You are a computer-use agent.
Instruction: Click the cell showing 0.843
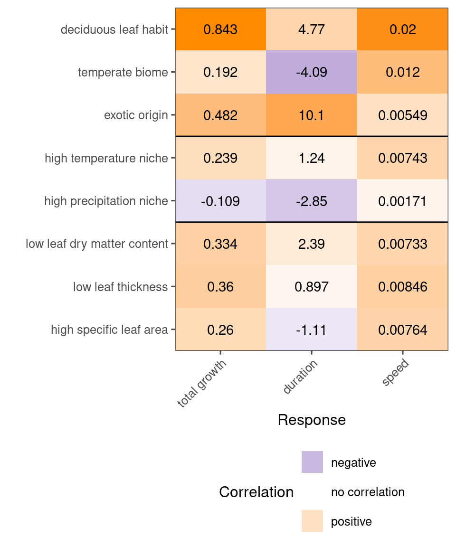pyautogui.click(x=220, y=29)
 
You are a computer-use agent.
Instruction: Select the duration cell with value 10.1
pyautogui.click(x=312, y=115)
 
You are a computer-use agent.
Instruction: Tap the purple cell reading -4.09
pyautogui.click(x=312, y=73)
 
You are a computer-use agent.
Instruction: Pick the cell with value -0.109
pyautogui.click(x=220, y=201)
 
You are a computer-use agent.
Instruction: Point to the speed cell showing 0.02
pyautogui.click(x=403, y=29)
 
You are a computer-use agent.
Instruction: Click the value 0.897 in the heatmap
pyautogui.click(x=312, y=287)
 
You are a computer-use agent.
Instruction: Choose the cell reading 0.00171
pyautogui.click(x=403, y=201)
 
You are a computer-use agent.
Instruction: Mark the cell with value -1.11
pyautogui.click(x=312, y=330)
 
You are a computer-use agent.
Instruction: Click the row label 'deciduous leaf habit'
pyautogui.click(x=114, y=30)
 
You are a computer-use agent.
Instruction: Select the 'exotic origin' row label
pyautogui.click(x=136, y=115)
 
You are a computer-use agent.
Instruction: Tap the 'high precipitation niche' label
pyautogui.click(x=106, y=201)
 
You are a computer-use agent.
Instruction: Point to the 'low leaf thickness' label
pyautogui.click(x=120, y=287)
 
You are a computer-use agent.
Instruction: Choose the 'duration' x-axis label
pyautogui.click(x=300, y=377)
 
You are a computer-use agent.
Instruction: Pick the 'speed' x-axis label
pyautogui.click(x=395, y=374)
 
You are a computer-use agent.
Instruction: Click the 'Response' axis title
pyautogui.click(x=312, y=420)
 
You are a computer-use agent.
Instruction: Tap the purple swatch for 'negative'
pyautogui.click(x=312, y=462)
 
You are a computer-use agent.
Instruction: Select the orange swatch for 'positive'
pyautogui.click(x=312, y=521)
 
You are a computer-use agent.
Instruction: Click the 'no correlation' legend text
pyautogui.click(x=368, y=492)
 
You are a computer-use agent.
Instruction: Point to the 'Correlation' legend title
pyautogui.click(x=256, y=492)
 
